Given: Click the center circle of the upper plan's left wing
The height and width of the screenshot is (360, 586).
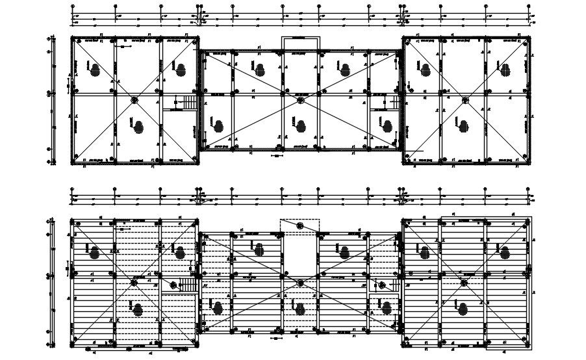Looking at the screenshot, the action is pos(134,100).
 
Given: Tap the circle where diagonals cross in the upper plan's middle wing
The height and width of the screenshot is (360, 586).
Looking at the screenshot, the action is pos(300,101).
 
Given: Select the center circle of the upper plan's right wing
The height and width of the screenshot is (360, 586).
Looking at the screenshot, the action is pos(465,100).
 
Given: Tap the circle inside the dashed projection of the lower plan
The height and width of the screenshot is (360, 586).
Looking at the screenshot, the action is pos(300,225).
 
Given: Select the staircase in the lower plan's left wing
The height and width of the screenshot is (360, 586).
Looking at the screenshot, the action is pos(187,285).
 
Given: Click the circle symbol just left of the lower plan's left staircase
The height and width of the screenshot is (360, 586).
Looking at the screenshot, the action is pos(173,284).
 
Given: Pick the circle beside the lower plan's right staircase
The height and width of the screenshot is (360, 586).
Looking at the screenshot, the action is pos(383,284).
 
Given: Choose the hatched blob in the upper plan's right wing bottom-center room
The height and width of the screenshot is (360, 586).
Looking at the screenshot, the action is pos(462,126).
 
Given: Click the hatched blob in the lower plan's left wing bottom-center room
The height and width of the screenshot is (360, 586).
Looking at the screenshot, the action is pos(137,309).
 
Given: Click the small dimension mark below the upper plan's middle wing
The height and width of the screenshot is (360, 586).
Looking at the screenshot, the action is pos(275,156).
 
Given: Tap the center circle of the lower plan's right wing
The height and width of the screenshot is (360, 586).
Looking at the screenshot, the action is pos(465,283).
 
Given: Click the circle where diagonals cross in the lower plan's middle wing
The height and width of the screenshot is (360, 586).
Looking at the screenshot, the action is pos(300,283).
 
